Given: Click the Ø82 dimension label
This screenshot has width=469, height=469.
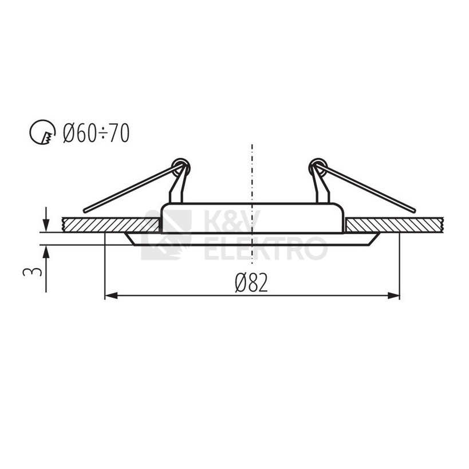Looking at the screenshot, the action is point(251,283).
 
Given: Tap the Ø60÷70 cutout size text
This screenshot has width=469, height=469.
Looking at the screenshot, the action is point(96,133).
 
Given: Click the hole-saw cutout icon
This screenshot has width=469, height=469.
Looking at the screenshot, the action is point(42,132).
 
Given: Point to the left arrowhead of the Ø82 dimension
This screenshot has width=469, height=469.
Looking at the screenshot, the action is point(111,295).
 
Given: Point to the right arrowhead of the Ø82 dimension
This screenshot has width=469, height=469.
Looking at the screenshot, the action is point(393,295).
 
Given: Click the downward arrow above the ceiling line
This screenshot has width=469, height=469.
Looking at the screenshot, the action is point(46,219).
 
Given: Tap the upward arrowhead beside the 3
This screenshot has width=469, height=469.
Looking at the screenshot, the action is point(46,251).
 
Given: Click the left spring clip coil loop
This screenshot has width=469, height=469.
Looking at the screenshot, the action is point(181,166).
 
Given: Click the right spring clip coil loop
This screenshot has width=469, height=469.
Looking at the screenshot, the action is point(318,166).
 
